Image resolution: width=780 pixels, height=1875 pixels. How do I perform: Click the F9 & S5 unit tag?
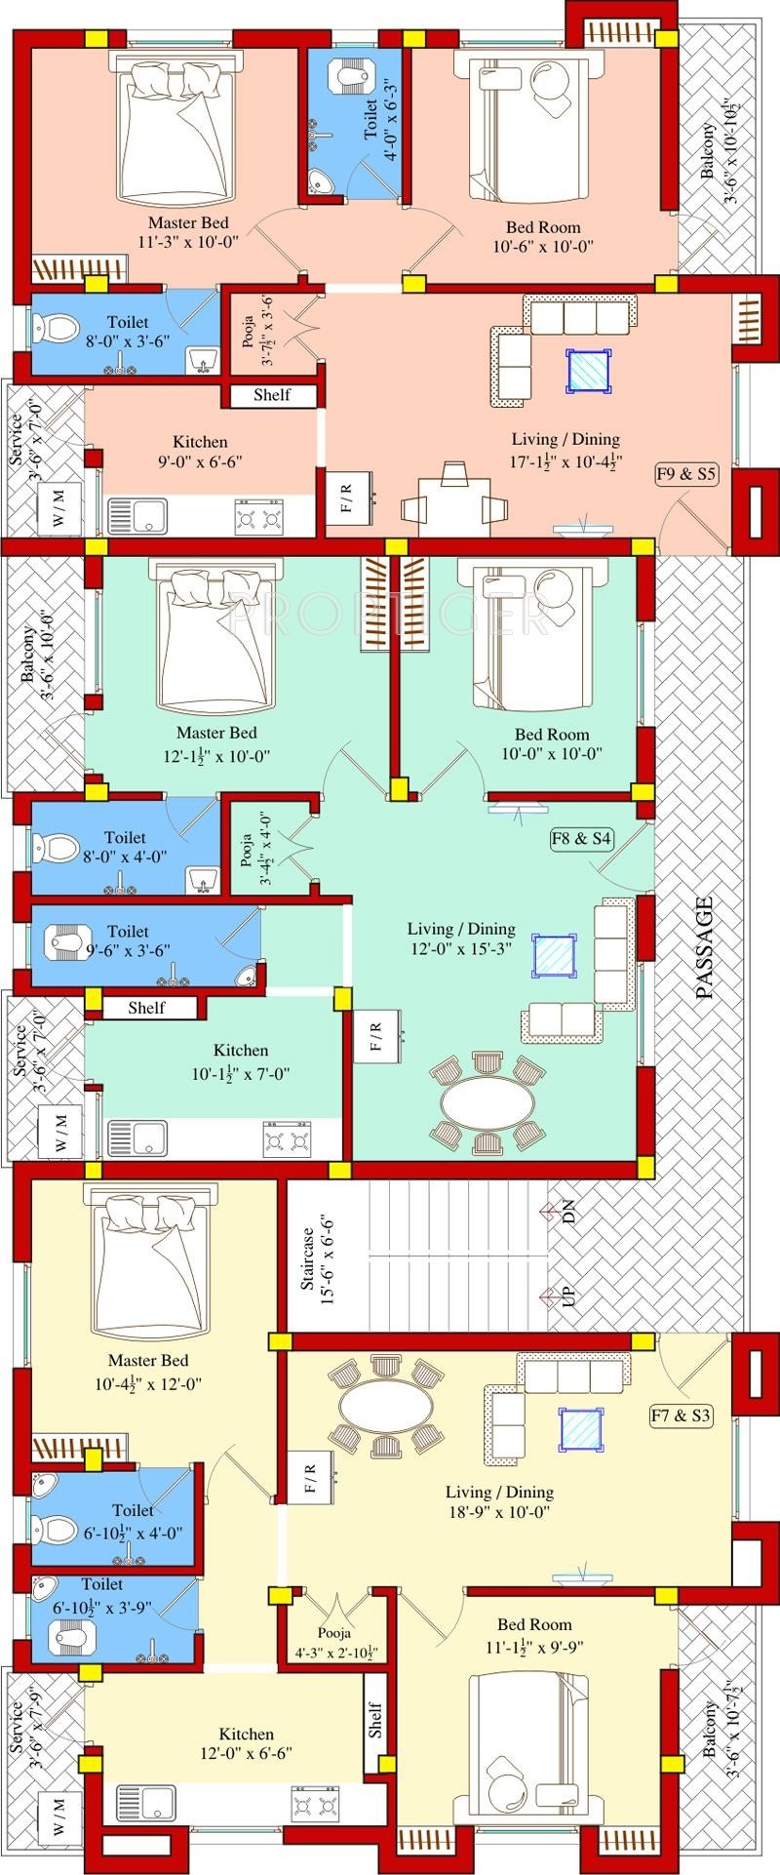point(686,475)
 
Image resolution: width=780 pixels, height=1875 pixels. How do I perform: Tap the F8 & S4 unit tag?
point(582,838)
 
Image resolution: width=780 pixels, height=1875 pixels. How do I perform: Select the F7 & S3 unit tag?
point(682,1416)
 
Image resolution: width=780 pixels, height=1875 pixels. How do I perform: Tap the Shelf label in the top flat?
point(272,395)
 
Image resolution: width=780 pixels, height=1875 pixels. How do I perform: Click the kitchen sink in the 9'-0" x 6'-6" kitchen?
point(137,516)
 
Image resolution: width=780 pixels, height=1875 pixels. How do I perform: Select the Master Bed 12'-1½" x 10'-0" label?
point(216,743)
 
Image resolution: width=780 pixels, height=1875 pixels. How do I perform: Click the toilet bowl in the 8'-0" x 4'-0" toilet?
point(58,845)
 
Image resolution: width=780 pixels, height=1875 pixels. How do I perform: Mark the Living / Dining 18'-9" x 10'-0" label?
point(499,1502)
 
